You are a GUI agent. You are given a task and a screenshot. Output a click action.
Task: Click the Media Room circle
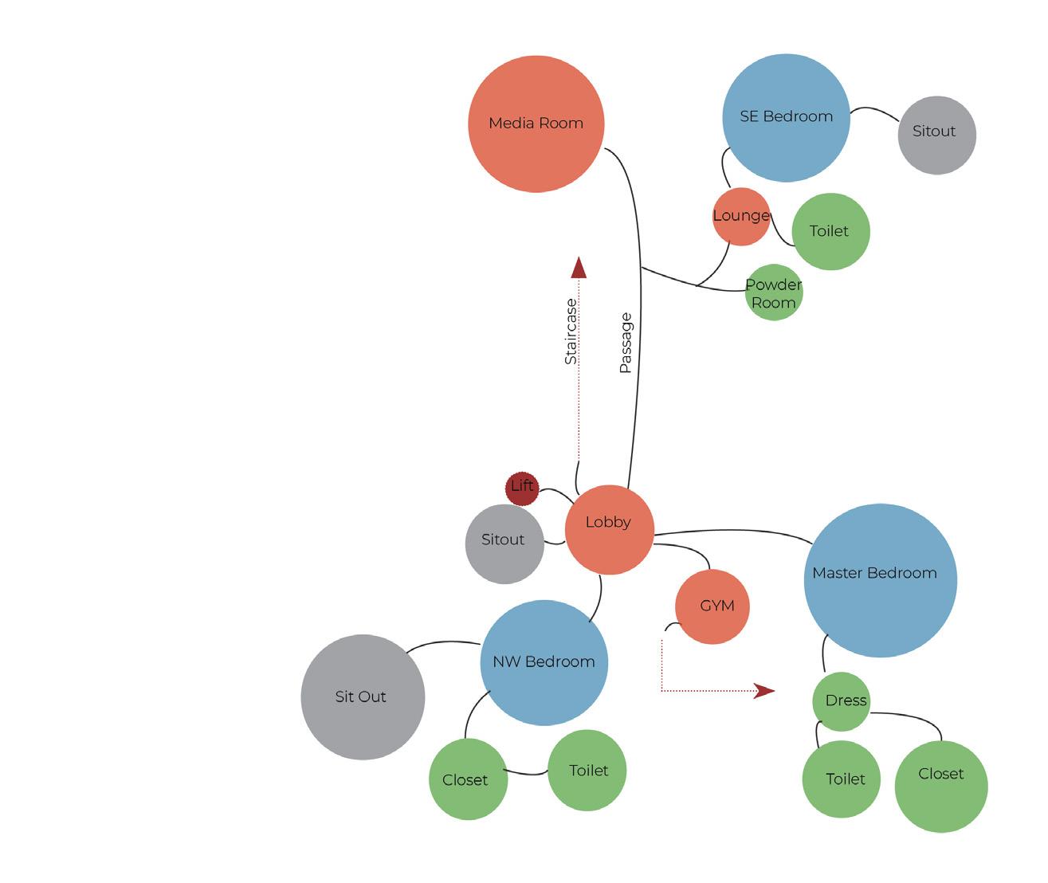536,124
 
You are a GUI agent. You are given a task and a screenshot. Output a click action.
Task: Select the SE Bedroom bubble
786,117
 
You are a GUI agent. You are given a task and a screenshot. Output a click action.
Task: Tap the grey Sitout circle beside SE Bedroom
936,135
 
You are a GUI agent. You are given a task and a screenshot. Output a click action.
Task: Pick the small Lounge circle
740,216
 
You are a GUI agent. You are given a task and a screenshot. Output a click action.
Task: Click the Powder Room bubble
773,292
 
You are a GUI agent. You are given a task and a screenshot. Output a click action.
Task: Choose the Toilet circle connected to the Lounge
830,231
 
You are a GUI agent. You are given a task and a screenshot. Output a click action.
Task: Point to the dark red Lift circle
522,488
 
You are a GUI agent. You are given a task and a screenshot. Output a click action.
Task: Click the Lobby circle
609,529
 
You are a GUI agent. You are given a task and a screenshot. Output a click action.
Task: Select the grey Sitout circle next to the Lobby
504,544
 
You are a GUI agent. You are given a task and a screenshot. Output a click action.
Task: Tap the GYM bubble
712,606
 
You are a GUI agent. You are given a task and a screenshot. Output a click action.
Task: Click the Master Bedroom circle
880,580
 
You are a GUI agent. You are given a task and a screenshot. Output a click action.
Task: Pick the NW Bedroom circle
544,662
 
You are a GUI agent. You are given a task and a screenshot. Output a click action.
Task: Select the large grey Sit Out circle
363,697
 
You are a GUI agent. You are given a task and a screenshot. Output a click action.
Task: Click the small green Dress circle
842,701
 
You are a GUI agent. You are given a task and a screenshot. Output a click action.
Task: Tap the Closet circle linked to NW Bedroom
468,779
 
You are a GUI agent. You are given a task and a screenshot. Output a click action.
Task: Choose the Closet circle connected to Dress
940,786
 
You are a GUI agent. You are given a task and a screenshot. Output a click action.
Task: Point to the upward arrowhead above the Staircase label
579,268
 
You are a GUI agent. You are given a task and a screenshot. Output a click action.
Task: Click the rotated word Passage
626,343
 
